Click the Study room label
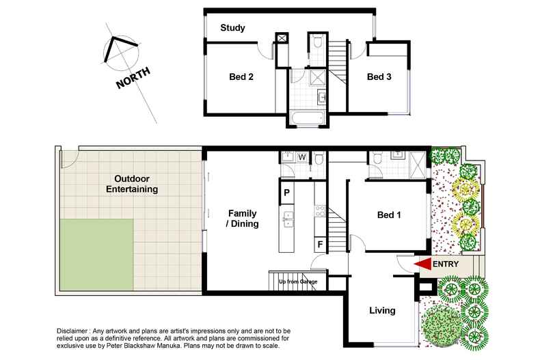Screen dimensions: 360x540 pos(232,28)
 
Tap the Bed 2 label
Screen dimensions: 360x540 pos(241,77)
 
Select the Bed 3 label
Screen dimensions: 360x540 pos(379,77)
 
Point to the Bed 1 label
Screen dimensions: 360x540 pos(389,215)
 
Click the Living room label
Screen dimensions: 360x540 pos(381,311)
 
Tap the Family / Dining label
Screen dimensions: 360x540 pos(243,219)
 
